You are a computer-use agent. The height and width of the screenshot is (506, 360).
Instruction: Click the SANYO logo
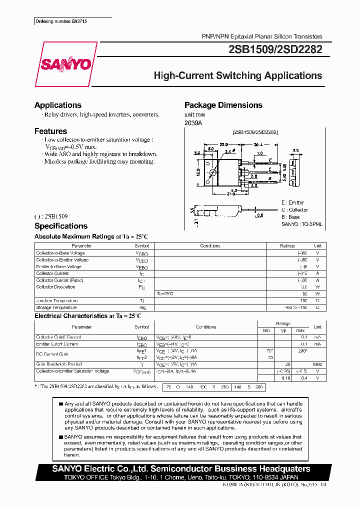point(66,64)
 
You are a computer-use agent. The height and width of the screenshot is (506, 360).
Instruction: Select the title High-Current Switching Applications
point(237,76)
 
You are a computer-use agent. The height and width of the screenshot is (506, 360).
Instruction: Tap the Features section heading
point(50,131)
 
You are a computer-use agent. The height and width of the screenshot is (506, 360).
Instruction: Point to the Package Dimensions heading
point(223,105)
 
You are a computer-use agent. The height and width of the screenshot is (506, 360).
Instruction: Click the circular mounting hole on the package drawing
point(212,173)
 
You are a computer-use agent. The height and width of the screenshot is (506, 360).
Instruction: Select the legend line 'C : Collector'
point(295,210)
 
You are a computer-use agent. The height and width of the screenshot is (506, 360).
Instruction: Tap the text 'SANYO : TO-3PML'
point(302,225)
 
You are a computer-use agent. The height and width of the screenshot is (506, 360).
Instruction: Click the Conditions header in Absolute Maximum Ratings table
point(210,246)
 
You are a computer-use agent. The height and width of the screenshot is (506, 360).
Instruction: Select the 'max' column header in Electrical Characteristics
point(300,330)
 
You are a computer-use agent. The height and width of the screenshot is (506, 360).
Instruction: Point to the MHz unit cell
point(317,364)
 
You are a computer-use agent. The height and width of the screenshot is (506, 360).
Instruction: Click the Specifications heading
point(60,226)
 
